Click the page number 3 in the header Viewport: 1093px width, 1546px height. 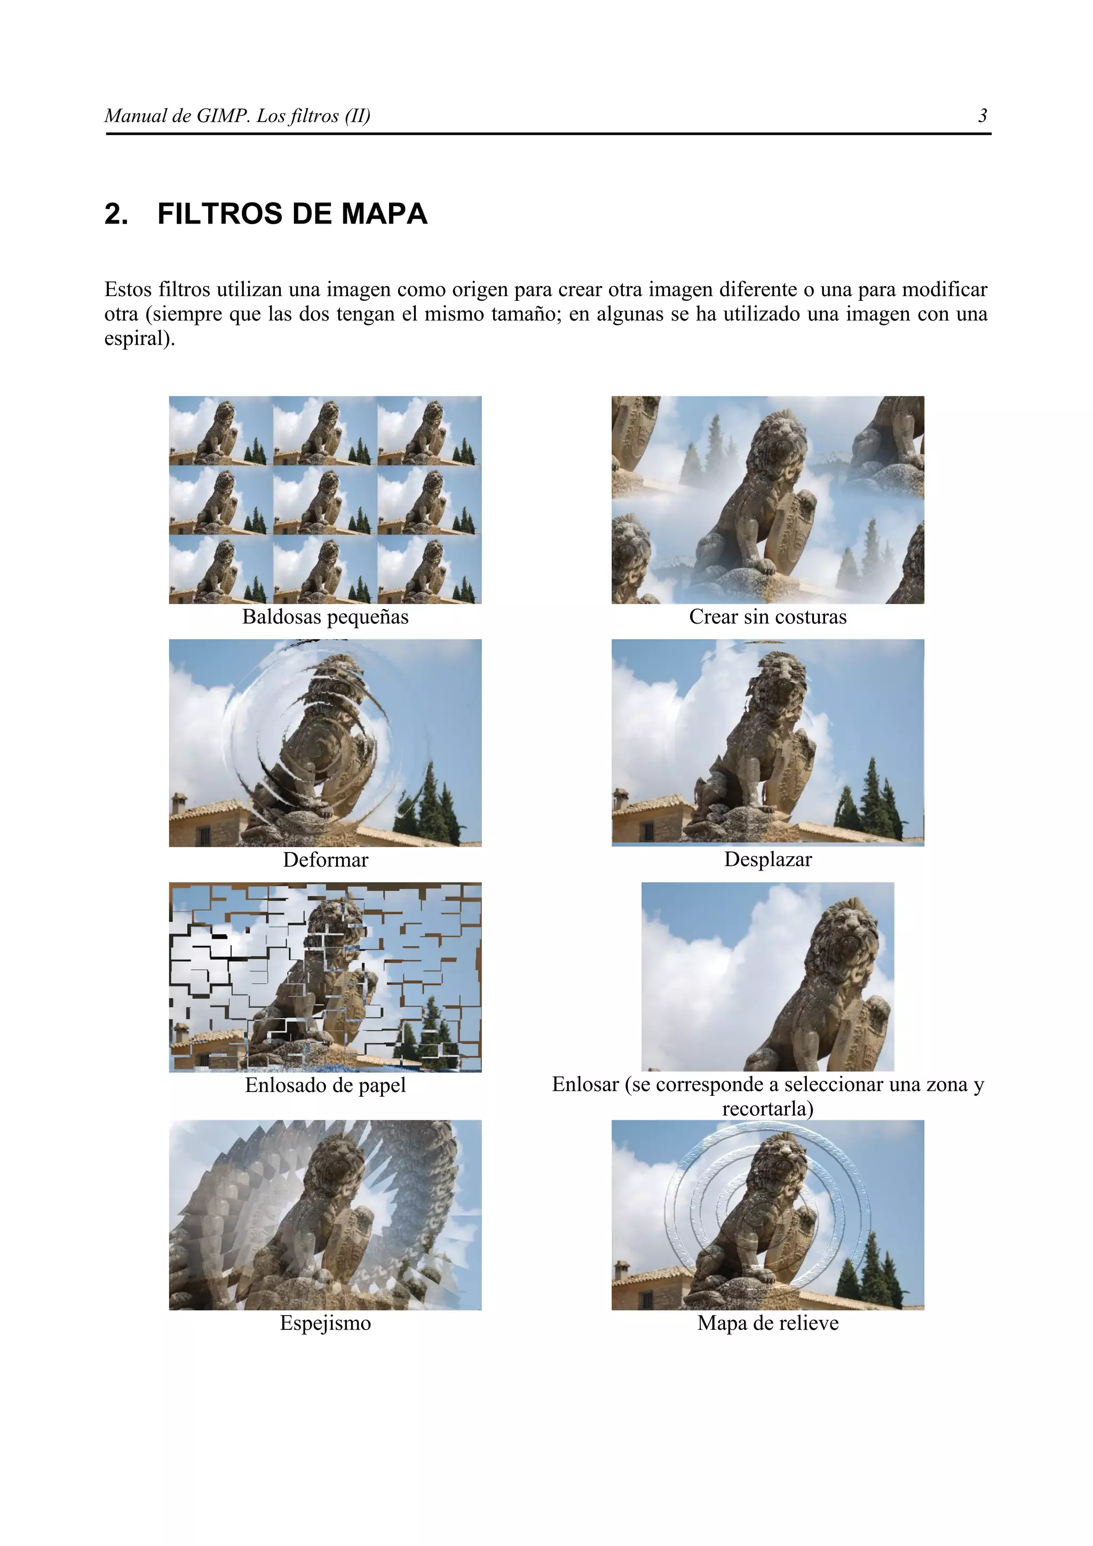click(x=983, y=116)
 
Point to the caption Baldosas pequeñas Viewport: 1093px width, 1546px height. click(x=325, y=617)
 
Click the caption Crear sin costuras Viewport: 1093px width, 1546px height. click(x=768, y=617)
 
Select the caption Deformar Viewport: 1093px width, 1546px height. click(x=325, y=860)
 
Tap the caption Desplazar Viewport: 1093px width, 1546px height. click(x=768, y=859)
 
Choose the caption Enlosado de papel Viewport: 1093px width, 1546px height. click(x=325, y=1086)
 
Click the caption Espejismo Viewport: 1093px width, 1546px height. click(x=325, y=1323)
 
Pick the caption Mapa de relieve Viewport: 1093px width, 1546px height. click(x=768, y=1323)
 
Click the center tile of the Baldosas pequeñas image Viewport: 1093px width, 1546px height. click(x=325, y=500)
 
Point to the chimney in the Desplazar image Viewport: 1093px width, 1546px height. click(x=620, y=799)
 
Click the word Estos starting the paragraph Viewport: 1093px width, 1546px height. click(x=128, y=290)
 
